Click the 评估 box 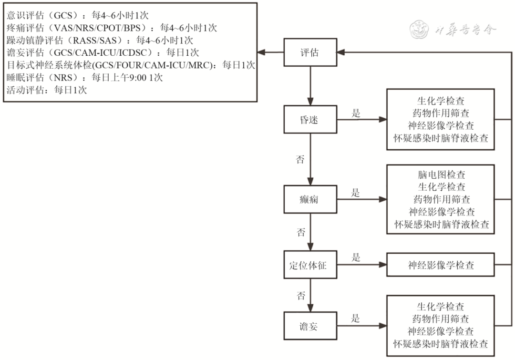(310, 52)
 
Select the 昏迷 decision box (310, 119)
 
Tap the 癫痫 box (310, 199)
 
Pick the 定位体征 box (310, 265)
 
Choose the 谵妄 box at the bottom (310, 326)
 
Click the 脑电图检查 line (442, 175)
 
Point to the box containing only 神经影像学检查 (441, 265)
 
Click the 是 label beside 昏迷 (356, 113)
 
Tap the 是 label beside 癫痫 (356, 193)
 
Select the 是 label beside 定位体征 (356, 257)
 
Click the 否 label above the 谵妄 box (301, 296)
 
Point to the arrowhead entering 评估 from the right (340, 52)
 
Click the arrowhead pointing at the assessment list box (261, 52)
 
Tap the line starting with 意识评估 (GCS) (78, 15)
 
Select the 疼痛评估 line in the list (112, 28)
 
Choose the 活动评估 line (47, 90)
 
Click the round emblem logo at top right (420, 29)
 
